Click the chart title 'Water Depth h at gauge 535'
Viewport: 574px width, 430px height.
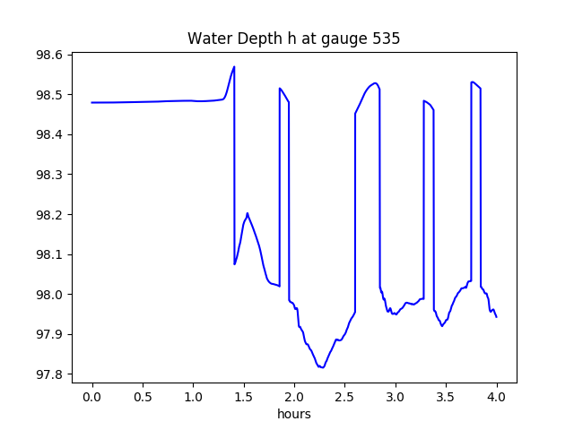tap(293, 39)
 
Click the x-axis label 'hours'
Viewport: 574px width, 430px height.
tap(294, 415)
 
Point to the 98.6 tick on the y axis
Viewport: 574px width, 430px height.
tap(48, 56)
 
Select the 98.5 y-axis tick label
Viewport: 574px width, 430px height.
tap(48, 95)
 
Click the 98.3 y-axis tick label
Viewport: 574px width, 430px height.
tap(48, 175)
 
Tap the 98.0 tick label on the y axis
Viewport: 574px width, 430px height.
tap(48, 295)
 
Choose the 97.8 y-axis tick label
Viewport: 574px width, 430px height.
tap(48, 374)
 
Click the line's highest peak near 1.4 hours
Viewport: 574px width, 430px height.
tap(234, 66)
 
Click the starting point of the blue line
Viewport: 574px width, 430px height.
tap(92, 102)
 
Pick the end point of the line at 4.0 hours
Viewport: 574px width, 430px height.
tap(496, 317)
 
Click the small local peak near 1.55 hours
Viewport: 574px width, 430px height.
tap(248, 213)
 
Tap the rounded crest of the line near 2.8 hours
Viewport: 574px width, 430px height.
tap(375, 82)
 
